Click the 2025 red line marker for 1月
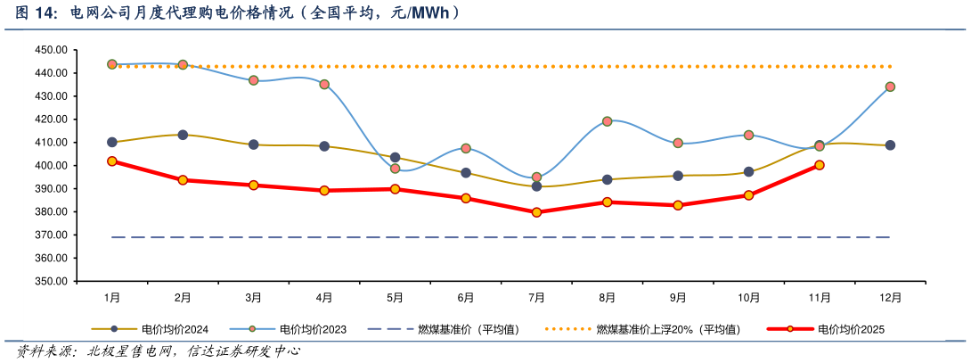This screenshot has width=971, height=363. pos(112,161)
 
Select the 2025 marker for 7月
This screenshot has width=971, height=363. pos(536,212)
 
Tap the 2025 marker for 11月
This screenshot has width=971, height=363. pos(820,165)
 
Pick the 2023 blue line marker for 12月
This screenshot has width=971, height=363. pos(890,87)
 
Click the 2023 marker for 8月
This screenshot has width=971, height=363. pos(607,121)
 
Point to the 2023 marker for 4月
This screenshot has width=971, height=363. pos(324,85)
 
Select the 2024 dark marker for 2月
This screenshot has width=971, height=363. pos(183,135)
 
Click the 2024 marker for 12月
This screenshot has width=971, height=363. pos(890,145)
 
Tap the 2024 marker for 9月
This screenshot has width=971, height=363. pos(678,176)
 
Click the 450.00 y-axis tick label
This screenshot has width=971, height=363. pos(51,50)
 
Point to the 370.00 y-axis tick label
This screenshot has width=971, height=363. pos(51,235)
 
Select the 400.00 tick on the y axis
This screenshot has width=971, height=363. pos(51,165)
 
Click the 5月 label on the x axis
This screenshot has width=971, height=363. pos(395,297)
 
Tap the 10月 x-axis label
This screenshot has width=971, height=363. pos(748,297)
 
